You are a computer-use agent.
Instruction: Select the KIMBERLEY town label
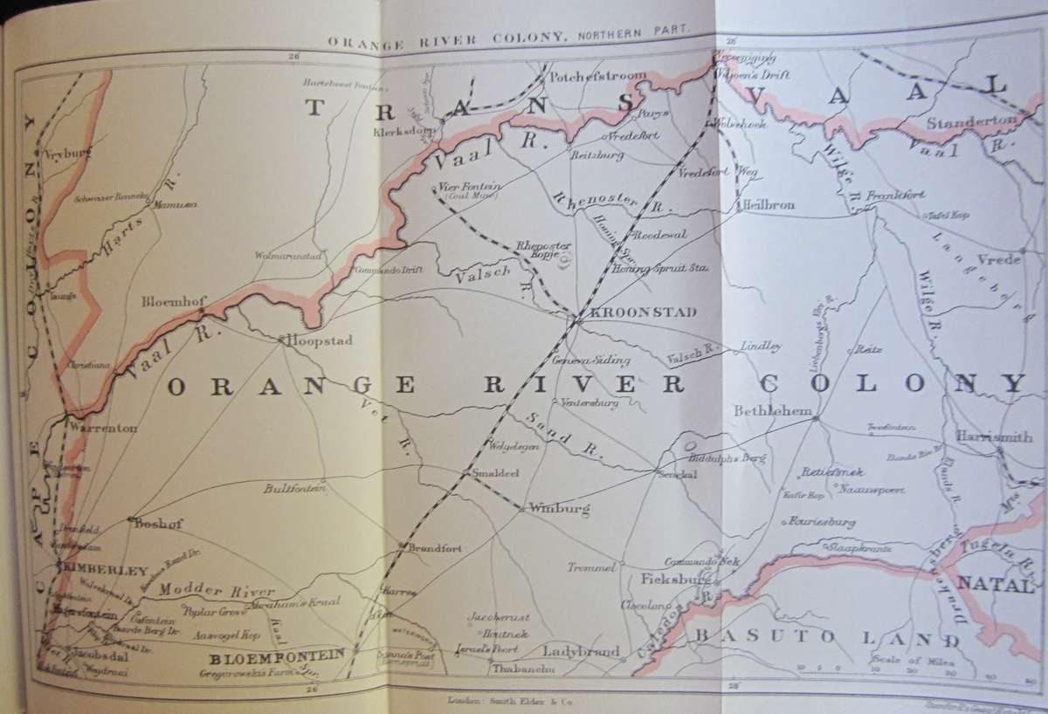pos(102,570)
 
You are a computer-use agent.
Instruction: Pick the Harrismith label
pos(993,436)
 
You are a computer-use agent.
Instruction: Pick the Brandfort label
pos(434,548)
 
